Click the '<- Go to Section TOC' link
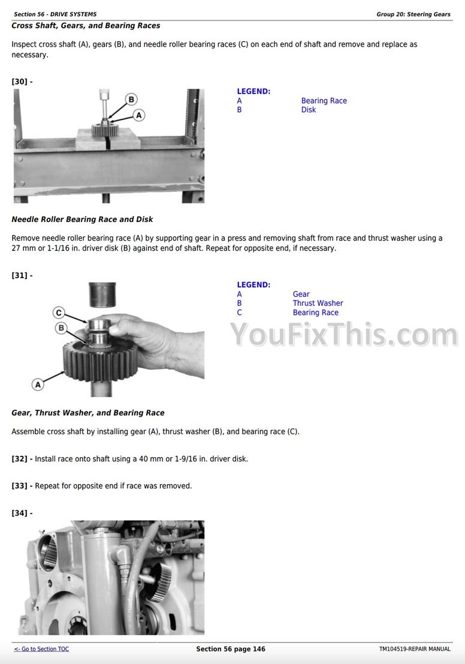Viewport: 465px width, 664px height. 41,649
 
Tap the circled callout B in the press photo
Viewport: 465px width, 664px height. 131,100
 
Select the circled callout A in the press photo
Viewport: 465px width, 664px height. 139,115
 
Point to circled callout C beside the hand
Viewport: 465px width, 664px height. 59,313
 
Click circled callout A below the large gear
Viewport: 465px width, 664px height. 38,384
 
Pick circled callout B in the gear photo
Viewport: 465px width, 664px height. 61,328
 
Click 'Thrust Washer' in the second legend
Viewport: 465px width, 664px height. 318,303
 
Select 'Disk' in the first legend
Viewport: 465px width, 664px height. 309,110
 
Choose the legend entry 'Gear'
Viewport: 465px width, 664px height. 301,294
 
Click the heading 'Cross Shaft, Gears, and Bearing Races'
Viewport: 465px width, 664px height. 86,26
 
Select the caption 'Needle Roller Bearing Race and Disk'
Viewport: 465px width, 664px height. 82,220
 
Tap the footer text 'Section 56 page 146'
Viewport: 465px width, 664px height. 231,649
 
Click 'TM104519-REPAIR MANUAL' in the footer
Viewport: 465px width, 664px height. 415,649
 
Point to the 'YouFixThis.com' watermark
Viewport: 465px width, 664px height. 344,335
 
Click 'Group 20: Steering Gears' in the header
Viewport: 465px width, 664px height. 413,14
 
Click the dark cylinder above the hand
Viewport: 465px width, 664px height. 102,295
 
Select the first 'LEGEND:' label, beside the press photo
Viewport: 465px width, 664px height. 253,91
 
